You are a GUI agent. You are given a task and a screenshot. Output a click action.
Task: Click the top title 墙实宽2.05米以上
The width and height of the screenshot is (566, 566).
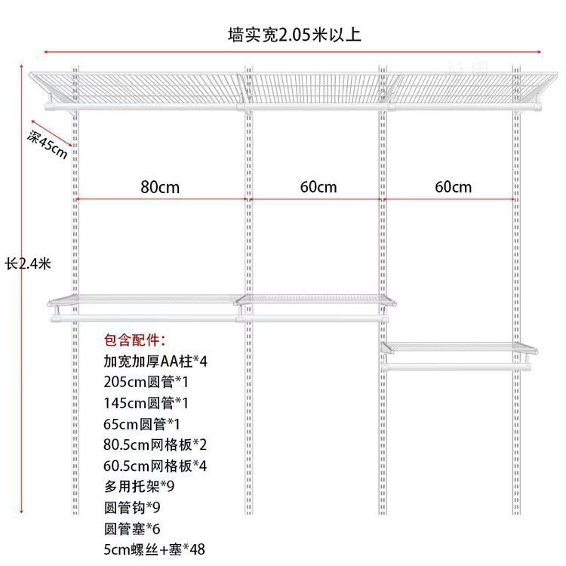pos(294,35)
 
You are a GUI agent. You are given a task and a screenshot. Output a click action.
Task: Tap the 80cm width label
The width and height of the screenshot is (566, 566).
pos(160,187)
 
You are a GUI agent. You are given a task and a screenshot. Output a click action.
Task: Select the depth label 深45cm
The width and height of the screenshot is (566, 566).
pos(48,144)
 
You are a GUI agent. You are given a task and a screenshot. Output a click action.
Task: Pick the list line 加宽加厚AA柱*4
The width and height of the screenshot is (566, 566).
pos(155,361)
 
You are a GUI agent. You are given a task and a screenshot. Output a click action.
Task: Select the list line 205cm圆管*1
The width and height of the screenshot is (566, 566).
pos(143,382)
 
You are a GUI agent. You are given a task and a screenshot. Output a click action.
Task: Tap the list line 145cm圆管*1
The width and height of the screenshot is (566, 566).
pos(143,402)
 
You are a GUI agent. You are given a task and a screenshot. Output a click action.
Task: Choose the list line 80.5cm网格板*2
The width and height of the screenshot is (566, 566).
pos(155,444)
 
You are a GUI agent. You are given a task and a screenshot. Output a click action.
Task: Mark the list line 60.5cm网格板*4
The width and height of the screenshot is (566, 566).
pos(155,465)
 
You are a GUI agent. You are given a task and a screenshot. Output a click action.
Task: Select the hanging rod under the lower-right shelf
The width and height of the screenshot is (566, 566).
pos(457,367)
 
